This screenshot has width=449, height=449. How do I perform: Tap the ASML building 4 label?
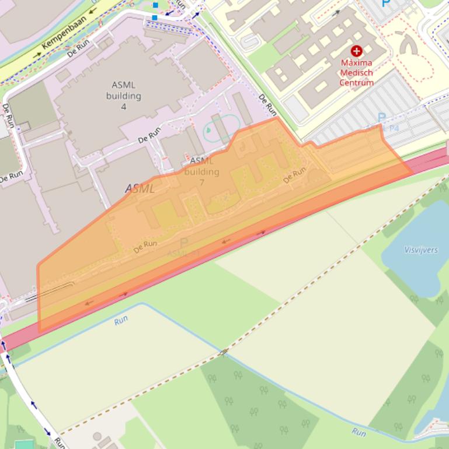point(123,96)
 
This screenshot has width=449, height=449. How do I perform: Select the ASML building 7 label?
point(201,171)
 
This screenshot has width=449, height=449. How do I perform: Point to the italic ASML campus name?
point(140,188)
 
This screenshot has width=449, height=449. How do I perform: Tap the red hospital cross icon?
point(356,51)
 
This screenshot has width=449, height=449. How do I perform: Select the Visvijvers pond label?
point(421,250)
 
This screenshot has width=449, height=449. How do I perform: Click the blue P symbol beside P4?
point(382,118)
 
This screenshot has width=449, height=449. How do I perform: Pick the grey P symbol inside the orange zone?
point(184,243)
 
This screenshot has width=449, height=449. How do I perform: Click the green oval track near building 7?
point(222,128)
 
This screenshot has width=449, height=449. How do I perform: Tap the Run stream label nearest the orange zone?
point(121,320)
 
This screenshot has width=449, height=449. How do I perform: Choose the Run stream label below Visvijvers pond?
point(358,432)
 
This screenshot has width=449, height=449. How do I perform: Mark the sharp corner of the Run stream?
point(141,304)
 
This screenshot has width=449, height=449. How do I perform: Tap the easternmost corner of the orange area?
point(413,173)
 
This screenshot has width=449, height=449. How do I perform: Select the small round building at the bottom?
point(97,436)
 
